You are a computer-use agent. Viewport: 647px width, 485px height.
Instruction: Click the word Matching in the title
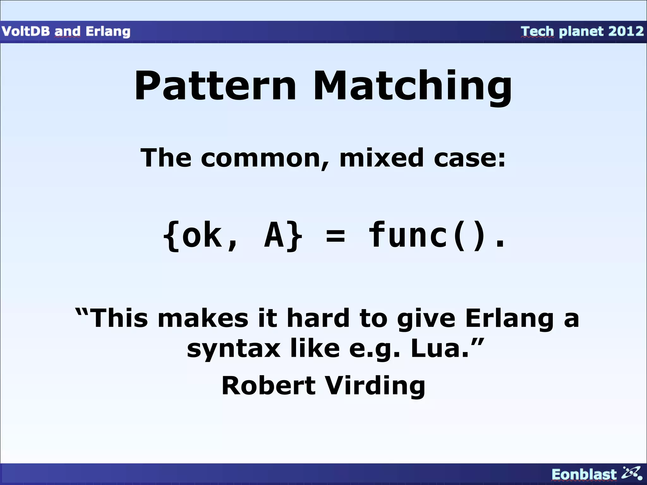click(412, 87)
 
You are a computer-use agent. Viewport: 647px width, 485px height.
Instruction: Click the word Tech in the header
click(537, 31)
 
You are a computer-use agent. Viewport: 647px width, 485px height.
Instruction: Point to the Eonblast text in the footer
click(584, 475)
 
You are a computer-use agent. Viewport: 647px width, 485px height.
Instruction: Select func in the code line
click(409, 235)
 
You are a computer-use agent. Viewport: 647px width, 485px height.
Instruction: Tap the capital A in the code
click(274, 235)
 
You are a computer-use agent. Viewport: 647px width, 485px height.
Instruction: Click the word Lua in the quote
click(439, 349)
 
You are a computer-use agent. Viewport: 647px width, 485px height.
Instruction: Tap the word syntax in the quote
click(233, 349)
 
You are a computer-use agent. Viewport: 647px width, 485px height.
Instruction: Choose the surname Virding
click(375, 386)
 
